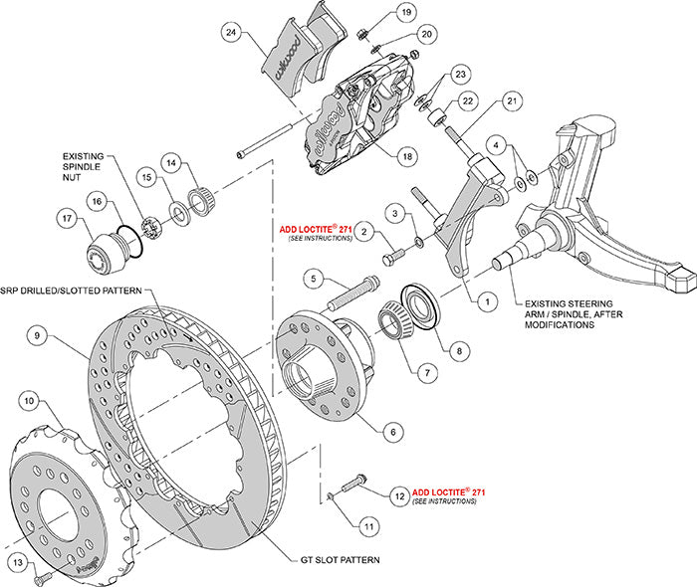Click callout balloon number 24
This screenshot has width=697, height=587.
click(232, 32)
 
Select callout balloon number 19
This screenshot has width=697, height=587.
click(405, 12)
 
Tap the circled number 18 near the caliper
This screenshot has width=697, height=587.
click(405, 156)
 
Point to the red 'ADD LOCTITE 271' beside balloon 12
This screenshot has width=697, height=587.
click(449, 492)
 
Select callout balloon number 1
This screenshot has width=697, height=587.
click(487, 296)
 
